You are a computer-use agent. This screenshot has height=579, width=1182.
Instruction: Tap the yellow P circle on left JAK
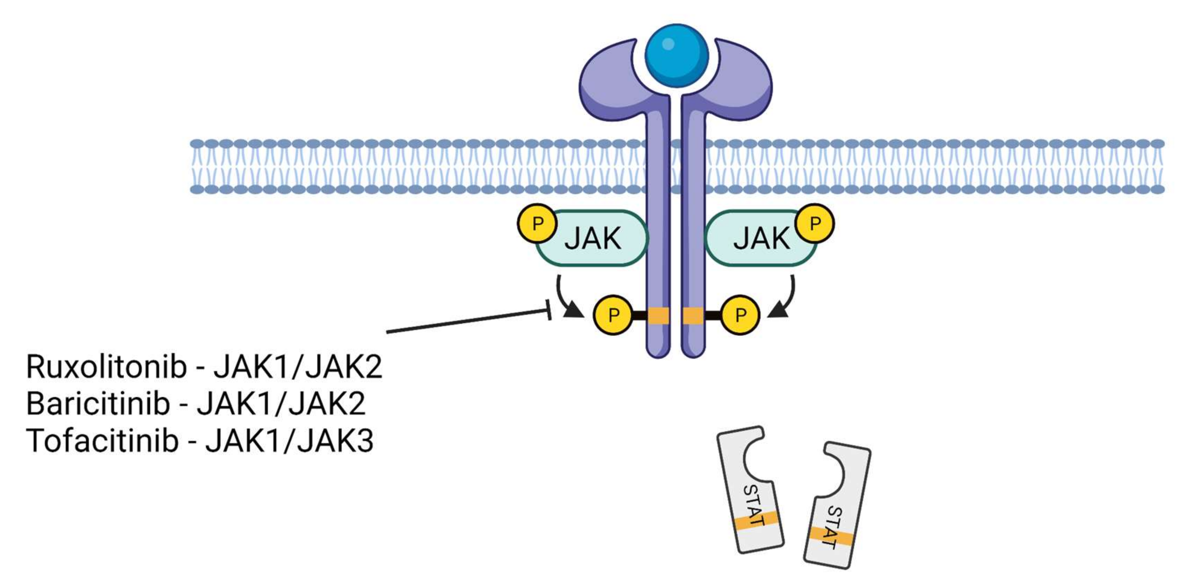click(537, 223)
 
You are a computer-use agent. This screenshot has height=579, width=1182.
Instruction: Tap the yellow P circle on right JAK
click(815, 223)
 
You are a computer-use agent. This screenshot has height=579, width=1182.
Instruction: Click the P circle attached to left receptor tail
click(613, 315)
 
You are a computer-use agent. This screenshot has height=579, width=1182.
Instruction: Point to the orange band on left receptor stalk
click(658, 316)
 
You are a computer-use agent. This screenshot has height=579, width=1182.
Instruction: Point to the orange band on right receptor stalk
click(693, 316)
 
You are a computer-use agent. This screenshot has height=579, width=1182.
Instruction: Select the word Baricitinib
click(98, 404)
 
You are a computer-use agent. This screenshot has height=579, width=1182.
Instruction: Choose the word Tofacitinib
click(102, 441)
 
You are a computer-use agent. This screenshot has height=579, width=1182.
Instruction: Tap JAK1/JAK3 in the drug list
click(289, 441)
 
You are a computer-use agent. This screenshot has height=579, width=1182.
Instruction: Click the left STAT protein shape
click(750, 491)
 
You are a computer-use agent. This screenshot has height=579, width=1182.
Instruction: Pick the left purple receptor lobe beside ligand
click(610, 83)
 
